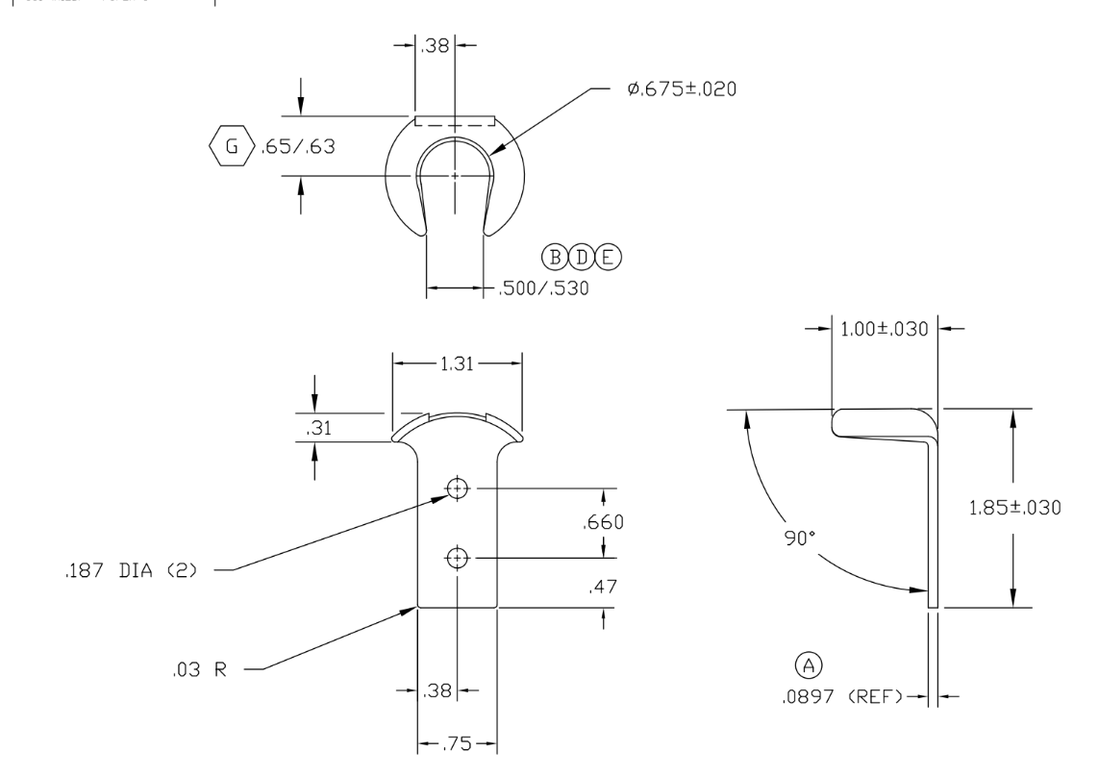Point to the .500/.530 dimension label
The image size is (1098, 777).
[543, 288]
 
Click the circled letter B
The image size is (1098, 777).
[555, 256]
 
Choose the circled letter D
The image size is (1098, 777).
[582, 256]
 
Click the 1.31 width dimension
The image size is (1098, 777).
[457, 363]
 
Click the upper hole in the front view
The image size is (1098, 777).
[457, 489]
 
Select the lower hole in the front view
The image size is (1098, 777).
[457, 557]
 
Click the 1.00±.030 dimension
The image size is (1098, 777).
[884, 330]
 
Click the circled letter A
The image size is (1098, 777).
[810, 664]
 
